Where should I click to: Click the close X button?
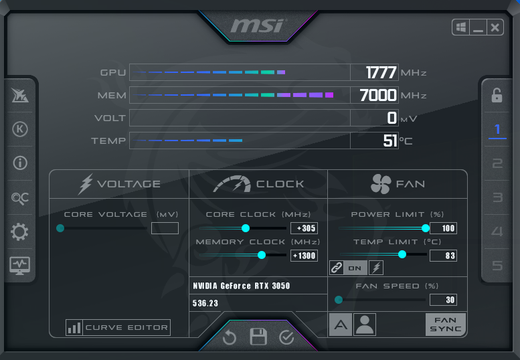495,27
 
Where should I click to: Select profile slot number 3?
497,197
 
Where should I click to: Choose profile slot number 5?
497,266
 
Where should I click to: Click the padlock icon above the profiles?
497,96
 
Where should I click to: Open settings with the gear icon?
20,232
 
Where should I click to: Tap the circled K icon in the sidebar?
20,129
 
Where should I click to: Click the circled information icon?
20,163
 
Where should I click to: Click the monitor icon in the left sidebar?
20,266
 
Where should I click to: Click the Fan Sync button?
446,325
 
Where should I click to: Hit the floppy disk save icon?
258,337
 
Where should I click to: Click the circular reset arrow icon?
229,337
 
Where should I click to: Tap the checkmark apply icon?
286,337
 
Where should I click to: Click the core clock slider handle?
246,228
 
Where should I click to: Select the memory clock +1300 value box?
304,256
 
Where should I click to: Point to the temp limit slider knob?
402,254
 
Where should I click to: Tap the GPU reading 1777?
381,72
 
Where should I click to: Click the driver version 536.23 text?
205,303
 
